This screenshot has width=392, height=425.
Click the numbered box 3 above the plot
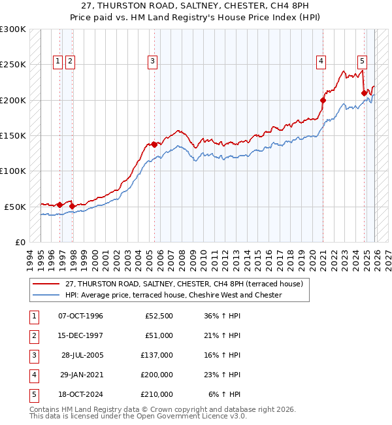[152, 62]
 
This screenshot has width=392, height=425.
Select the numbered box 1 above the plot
[58, 62]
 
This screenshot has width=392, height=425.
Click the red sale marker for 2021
[323, 100]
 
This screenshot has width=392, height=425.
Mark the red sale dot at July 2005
[154, 144]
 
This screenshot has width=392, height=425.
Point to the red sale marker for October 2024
[364, 93]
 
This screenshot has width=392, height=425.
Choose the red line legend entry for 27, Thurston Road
[184, 284]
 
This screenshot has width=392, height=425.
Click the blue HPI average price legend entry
[173, 295]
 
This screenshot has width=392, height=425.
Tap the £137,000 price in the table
[157, 355]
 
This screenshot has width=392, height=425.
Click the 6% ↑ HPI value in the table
[224, 394]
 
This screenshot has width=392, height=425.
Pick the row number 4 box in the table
[33, 375]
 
